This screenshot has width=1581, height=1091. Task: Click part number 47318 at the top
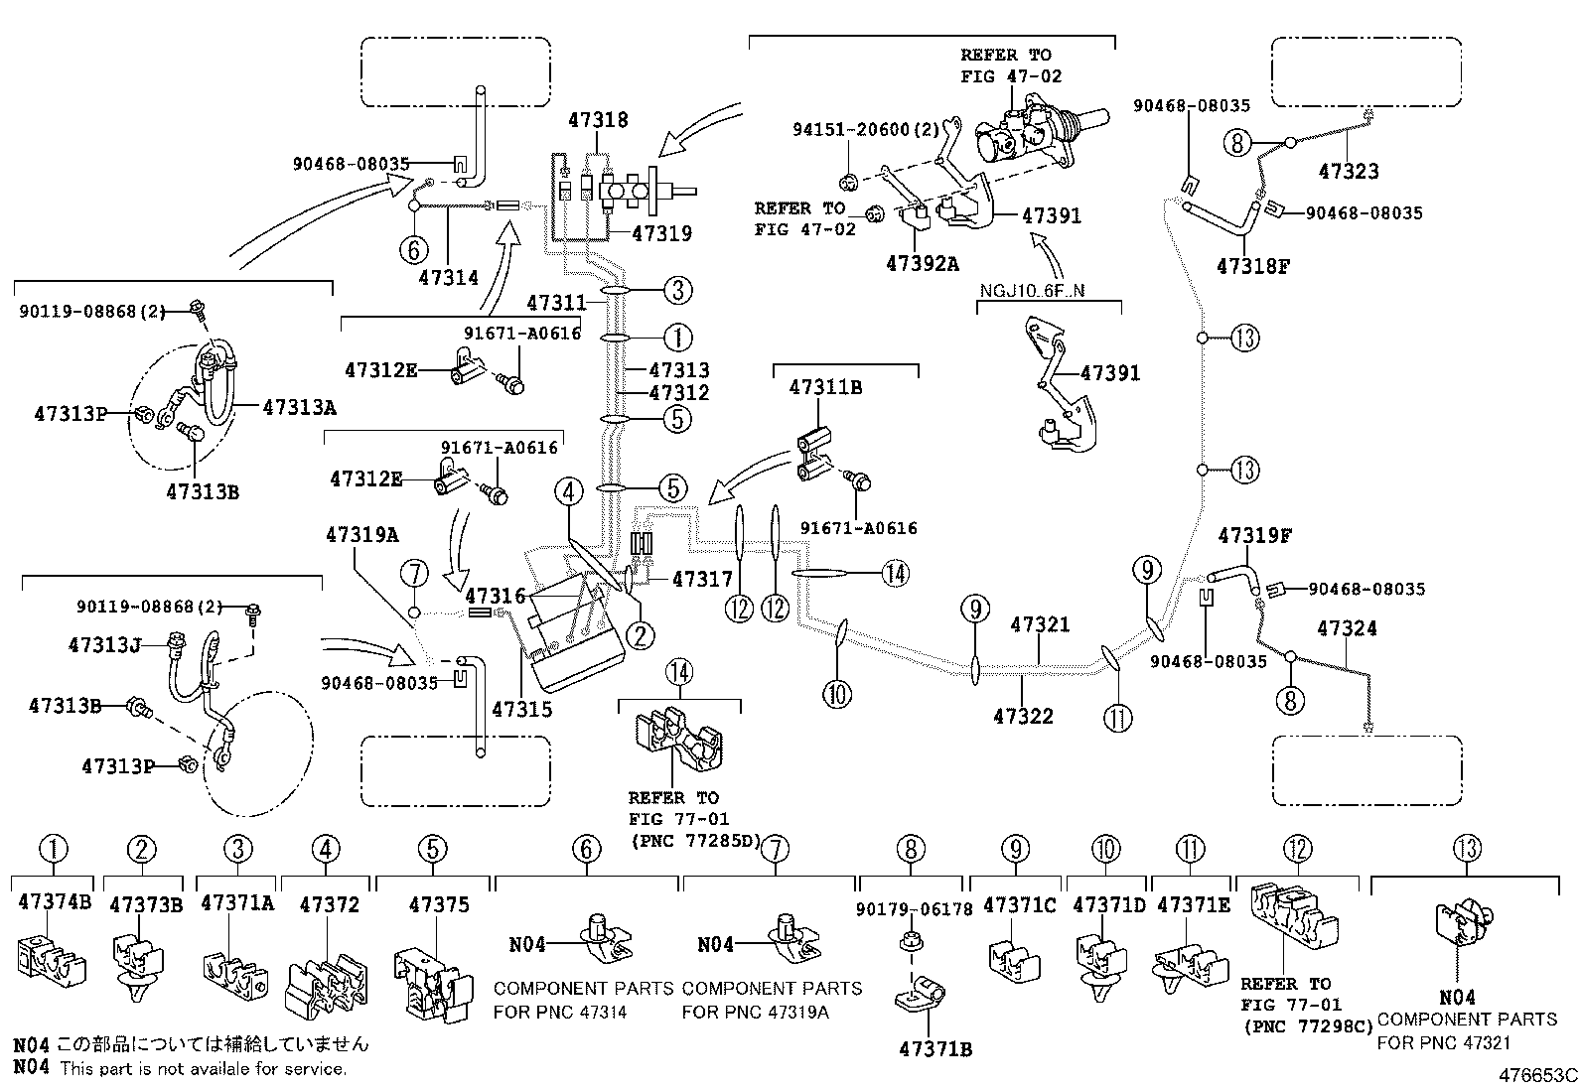(598, 120)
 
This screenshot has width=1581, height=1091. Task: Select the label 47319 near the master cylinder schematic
(661, 234)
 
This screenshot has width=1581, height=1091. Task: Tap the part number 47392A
(923, 264)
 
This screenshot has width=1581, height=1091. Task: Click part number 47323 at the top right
(1348, 171)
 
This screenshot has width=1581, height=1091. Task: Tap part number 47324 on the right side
(1347, 628)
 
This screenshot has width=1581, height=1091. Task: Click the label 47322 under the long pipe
(1023, 716)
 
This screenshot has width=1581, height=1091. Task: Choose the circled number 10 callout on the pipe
(837, 693)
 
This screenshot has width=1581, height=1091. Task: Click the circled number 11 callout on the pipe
(1118, 717)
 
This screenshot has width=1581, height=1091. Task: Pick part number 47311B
(824, 387)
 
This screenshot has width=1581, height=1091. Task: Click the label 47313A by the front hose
(299, 406)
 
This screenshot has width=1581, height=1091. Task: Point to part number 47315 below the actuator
(521, 710)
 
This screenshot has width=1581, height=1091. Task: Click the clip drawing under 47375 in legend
(433, 983)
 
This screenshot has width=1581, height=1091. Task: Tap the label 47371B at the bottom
(934, 1048)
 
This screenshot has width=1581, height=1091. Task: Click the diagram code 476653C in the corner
(1538, 1075)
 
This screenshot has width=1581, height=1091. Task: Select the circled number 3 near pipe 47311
(676, 290)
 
